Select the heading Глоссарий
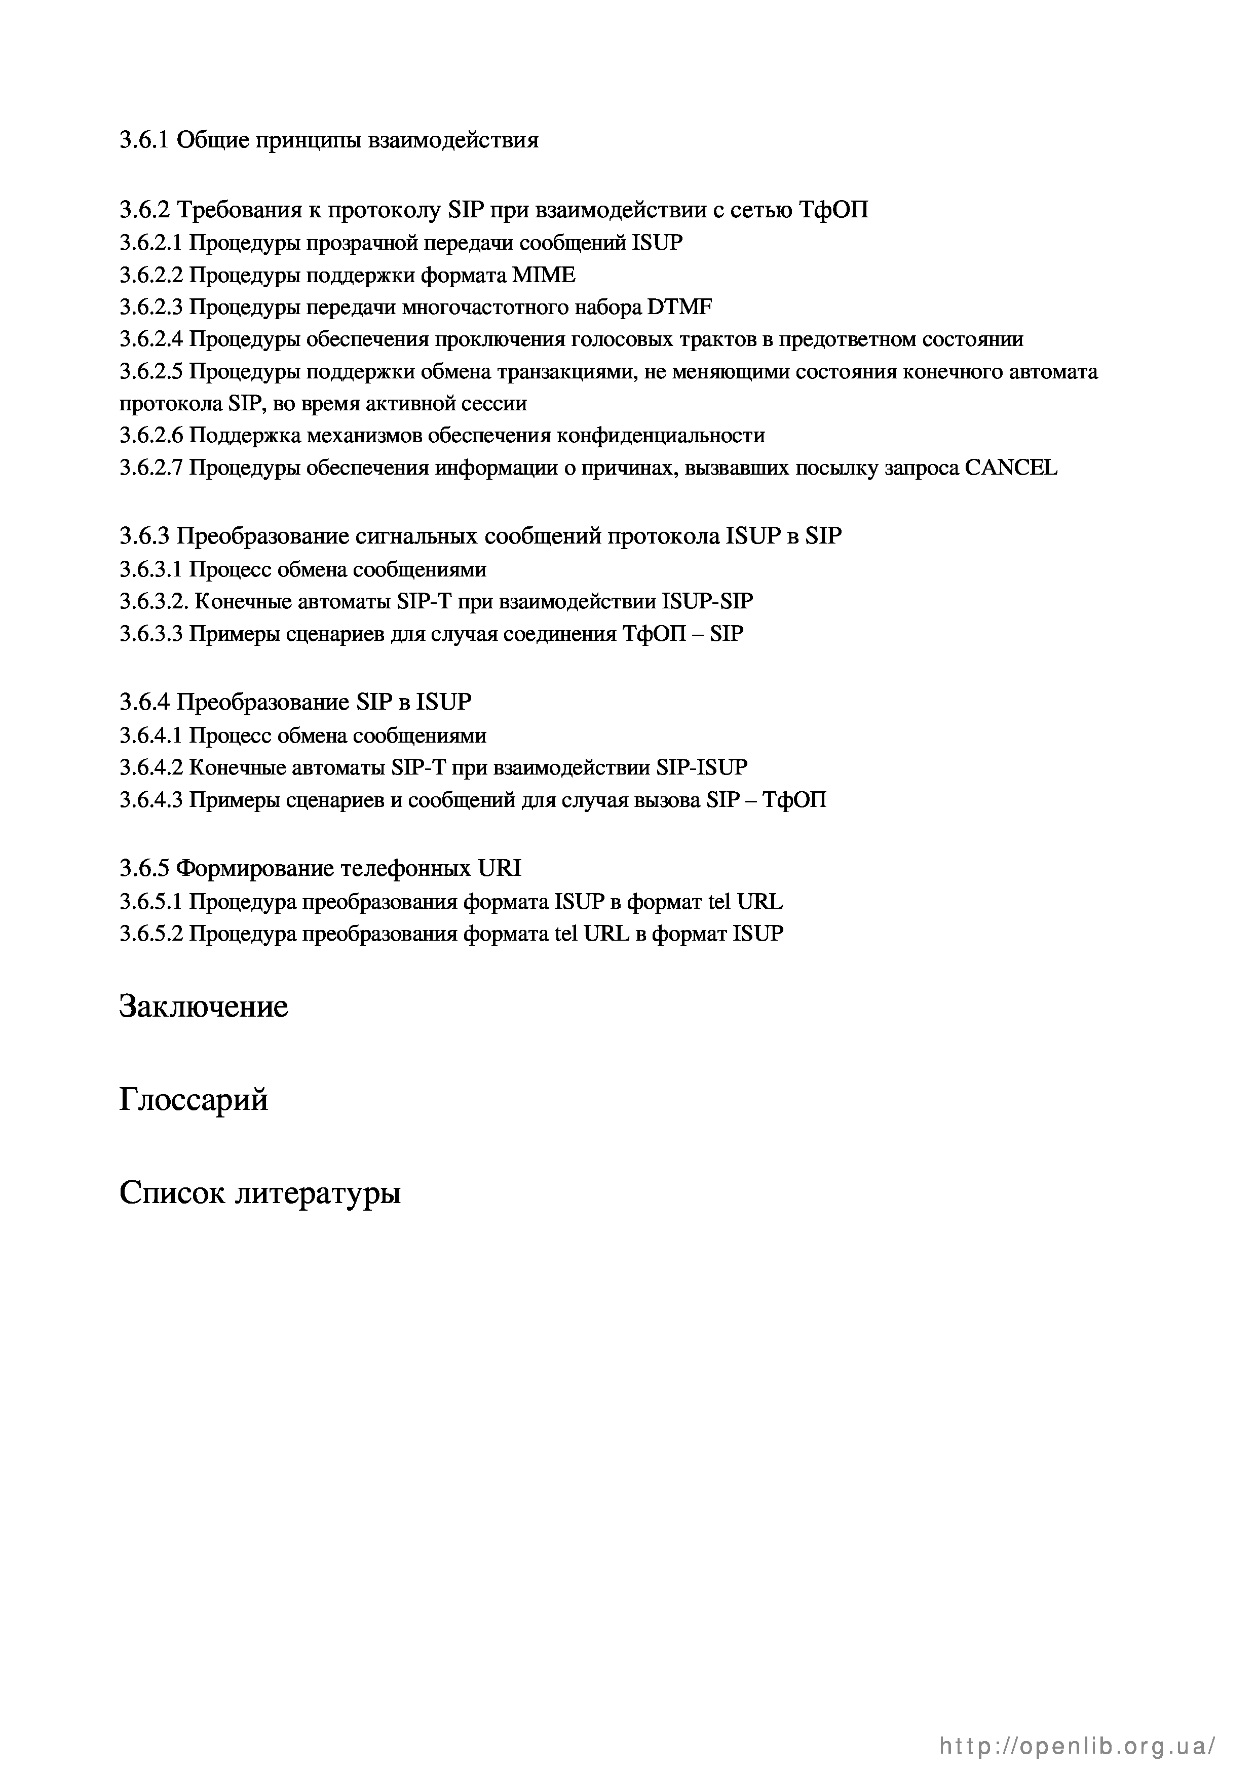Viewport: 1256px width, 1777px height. tap(194, 1100)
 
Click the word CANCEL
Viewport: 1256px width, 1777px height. tap(1011, 468)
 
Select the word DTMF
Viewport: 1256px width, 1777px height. tap(679, 307)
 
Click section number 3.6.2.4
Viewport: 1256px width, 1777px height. tap(151, 340)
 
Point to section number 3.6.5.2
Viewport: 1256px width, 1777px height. tap(151, 934)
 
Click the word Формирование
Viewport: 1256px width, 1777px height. tap(252, 868)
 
